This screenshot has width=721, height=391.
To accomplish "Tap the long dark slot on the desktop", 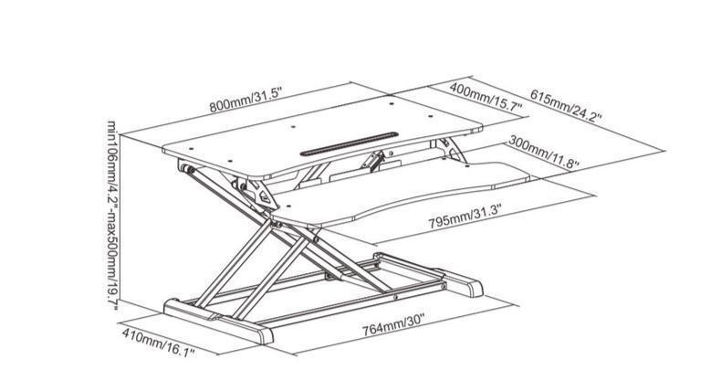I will coord(346,143).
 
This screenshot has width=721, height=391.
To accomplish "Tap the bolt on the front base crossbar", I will coord(395,297).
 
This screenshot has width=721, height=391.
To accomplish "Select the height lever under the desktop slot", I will coord(373,162).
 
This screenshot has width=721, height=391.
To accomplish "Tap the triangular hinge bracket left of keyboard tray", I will coord(258,191).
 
